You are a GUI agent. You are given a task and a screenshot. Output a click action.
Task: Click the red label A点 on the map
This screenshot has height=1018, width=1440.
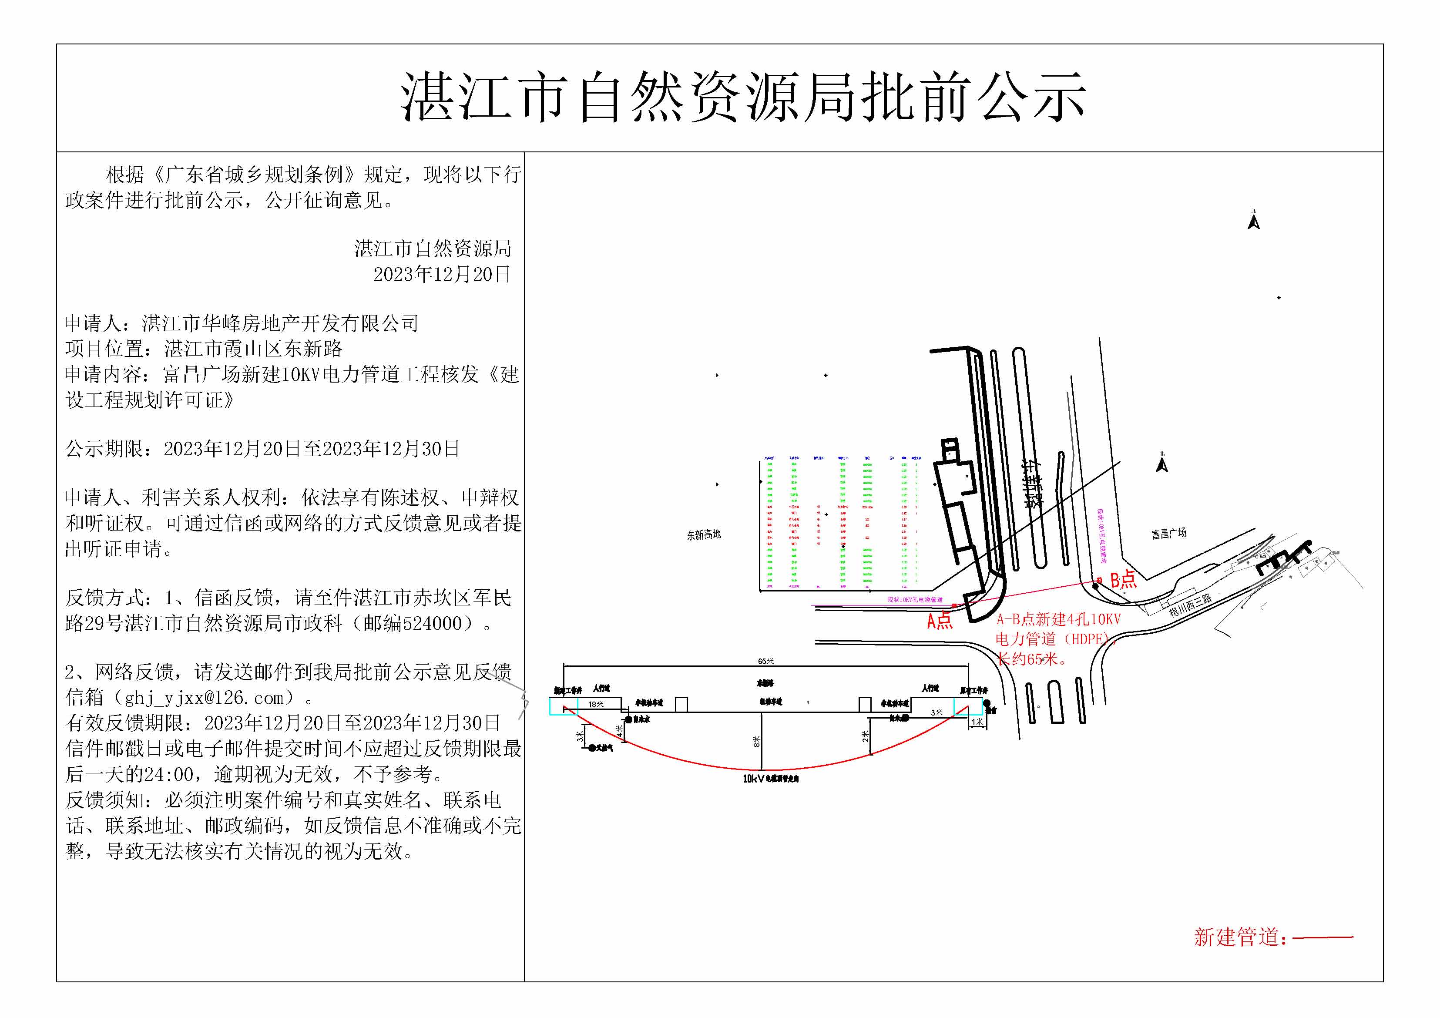click(940, 621)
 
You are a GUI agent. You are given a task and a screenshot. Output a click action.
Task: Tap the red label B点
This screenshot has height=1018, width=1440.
click(1123, 578)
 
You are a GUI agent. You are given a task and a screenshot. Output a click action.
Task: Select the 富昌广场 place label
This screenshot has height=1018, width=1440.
click(1168, 533)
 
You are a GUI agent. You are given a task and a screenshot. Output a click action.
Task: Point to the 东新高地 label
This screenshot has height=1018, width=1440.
click(703, 535)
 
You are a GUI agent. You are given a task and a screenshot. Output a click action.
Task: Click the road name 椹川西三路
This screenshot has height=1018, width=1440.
click(1190, 605)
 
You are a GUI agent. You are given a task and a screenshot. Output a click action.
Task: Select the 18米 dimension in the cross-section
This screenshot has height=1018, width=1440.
click(595, 704)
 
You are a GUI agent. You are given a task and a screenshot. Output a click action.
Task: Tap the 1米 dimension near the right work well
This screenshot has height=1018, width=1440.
click(977, 722)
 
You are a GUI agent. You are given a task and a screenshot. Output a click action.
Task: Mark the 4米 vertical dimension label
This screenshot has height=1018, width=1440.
click(619, 731)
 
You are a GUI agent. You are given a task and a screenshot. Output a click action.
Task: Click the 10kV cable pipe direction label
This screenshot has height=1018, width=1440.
click(770, 778)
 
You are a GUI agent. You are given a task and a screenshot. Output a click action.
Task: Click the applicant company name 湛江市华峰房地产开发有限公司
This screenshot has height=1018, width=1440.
click(280, 324)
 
